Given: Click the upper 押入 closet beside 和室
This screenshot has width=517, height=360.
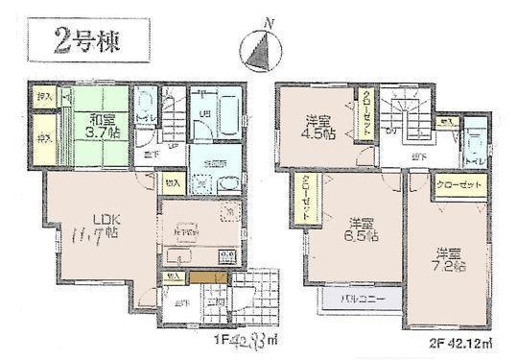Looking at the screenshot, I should (x=43, y=98).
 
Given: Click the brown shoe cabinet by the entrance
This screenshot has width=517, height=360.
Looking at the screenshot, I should (x=207, y=278).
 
